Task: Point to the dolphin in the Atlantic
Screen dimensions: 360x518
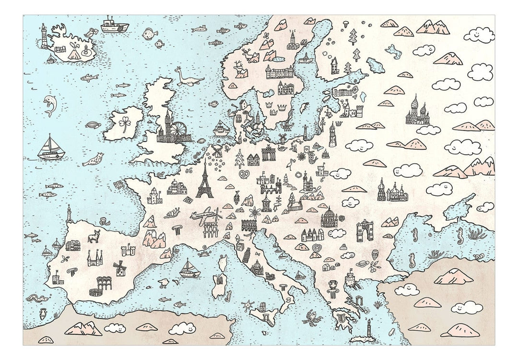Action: pos(49,105)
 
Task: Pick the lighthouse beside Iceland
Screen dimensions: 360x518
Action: pos(44,36)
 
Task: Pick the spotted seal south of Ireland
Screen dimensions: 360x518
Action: pos(94,159)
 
